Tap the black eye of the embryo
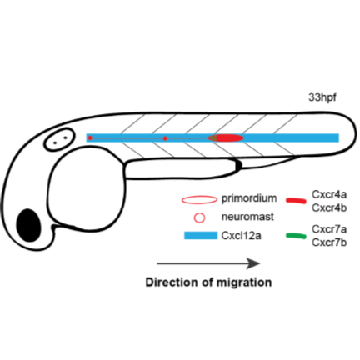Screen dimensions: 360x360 click(x=30, y=224)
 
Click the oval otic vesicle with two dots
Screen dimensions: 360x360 click(x=57, y=139)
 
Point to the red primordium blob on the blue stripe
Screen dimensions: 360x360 click(x=228, y=137)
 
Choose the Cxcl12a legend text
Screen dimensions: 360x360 click(x=242, y=236)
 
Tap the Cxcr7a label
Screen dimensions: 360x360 click(x=325, y=228)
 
